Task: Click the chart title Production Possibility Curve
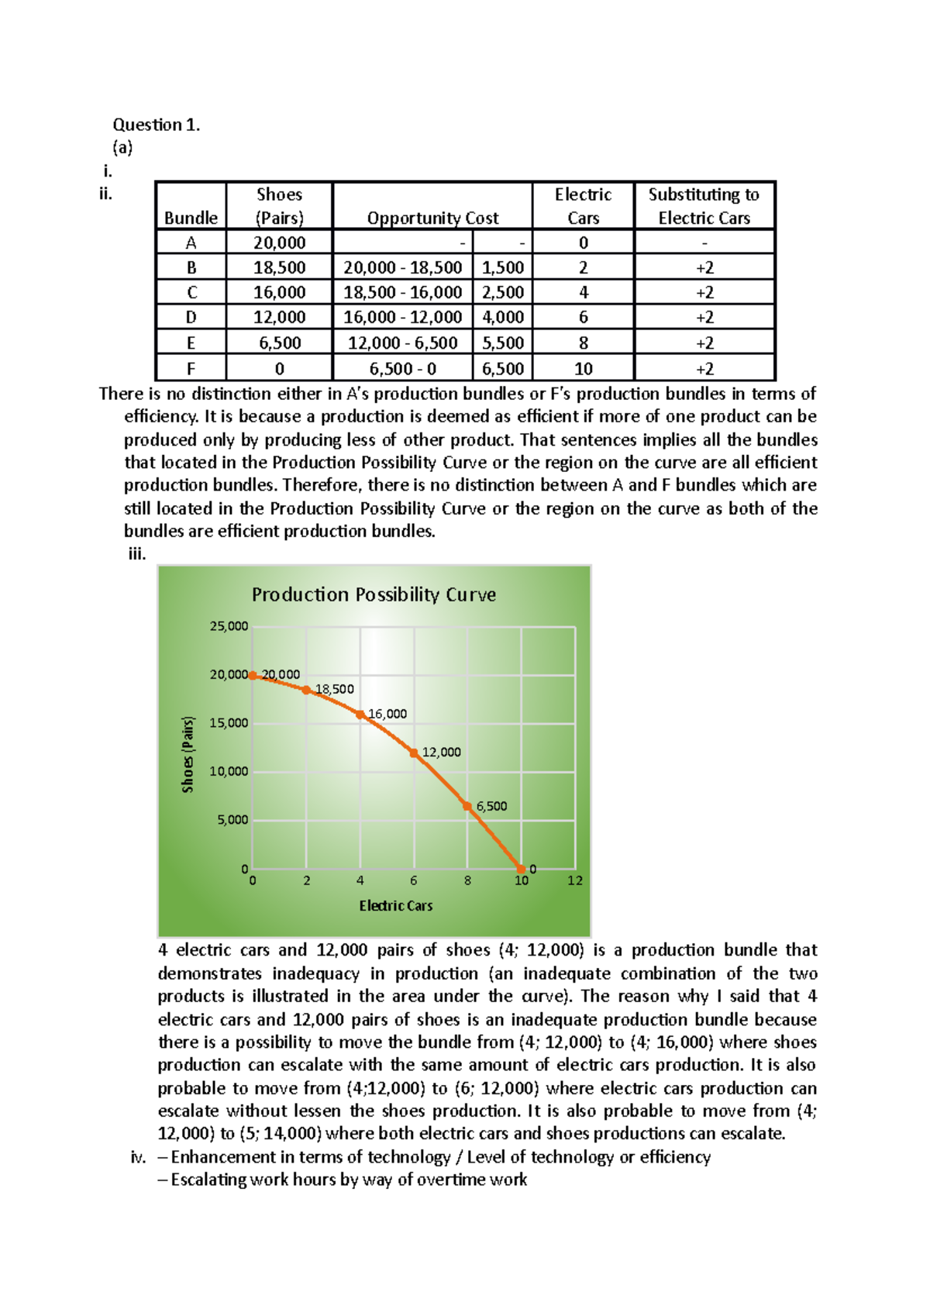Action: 374,594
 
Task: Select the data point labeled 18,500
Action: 307,690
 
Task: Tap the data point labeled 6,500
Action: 467,806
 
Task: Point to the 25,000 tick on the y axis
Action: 229,626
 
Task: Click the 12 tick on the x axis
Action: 575,880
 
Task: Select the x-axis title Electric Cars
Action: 395,905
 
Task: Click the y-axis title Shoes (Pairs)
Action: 188,754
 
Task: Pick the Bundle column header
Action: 191,218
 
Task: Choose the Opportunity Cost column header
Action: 432,218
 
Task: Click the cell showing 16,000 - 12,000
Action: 402,317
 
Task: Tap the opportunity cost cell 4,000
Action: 503,317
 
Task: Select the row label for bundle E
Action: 191,343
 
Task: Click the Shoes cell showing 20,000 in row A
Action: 279,243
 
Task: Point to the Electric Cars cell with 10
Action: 583,369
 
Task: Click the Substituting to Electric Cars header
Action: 704,206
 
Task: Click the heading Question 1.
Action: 157,125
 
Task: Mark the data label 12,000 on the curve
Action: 441,752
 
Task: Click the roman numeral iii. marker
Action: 137,553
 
